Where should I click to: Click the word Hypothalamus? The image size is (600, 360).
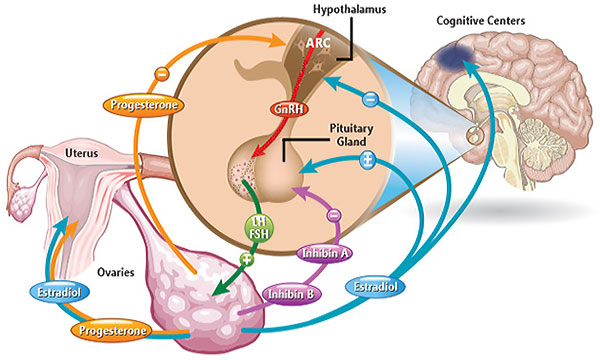point(349,9)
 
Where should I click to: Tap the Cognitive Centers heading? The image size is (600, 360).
point(481,20)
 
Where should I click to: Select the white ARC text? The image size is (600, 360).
point(318,42)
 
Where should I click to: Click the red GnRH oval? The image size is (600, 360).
point(289,109)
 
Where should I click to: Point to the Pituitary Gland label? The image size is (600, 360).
point(351,135)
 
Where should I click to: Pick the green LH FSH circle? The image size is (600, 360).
point(259,228)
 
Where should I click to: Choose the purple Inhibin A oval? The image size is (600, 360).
point(324,253)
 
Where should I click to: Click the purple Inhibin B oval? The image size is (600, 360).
point(292,294)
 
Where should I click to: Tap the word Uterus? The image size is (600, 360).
point(81,153)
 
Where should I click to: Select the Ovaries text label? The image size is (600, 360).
point(116,272)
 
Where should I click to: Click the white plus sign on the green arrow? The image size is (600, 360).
point(247,259)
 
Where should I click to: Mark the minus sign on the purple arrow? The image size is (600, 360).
point(334,215)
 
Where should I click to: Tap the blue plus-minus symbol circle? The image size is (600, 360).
point(367,161)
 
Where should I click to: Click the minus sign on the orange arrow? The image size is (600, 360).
point(162,74)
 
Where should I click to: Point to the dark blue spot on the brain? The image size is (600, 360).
point(455,57)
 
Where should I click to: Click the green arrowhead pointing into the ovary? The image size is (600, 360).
point(220,288)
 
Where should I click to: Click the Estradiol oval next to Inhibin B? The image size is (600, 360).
point(375,287)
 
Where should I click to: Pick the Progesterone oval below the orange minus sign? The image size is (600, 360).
point(143,104)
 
